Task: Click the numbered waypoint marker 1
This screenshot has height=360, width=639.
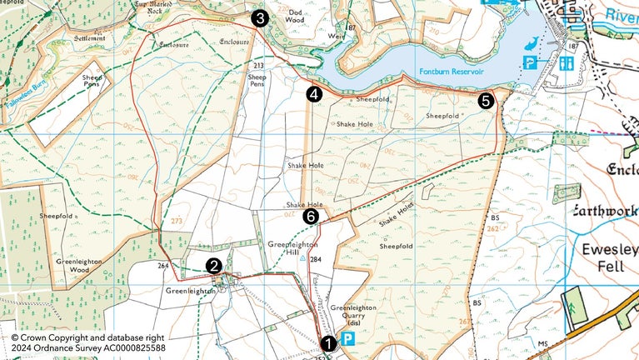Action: pos(328,342)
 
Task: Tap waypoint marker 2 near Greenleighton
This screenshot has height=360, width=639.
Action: pos(214,266)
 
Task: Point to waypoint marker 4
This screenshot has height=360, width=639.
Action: pos(313,94)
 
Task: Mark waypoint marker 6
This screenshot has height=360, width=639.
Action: pos(311,217)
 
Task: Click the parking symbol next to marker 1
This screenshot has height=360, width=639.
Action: pos(350,339)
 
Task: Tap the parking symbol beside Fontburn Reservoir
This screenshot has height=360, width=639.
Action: pos(528,62)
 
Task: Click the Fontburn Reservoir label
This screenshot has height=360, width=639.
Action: pos(452,72)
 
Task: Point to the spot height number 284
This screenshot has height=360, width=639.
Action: pos(315,260)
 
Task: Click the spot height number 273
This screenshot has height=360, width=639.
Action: pos(177,222)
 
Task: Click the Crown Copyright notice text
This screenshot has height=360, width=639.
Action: pos(87,342)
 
